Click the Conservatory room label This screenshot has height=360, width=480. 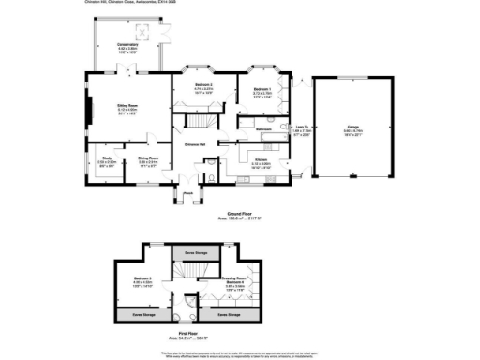point(127,44)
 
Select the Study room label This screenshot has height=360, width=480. point(107,158)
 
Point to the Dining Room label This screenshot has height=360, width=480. point(147,158)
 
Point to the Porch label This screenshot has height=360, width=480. point(187,194)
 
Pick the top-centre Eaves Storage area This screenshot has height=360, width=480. point(195,251)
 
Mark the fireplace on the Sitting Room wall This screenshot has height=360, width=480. point(90,113)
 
